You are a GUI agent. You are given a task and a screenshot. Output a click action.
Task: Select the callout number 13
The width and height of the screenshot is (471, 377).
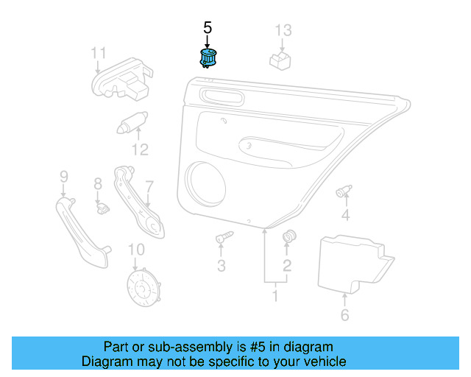coord(283,30)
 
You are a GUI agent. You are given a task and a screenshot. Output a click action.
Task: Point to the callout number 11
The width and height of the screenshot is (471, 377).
coord(99,53)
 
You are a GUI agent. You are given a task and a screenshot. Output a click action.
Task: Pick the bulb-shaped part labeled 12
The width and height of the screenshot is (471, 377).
coord(132,121)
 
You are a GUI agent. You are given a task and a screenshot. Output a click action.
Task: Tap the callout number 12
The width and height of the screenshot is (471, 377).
coord(140,150)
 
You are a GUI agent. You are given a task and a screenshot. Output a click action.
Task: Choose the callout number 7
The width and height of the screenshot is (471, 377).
coord(149,187)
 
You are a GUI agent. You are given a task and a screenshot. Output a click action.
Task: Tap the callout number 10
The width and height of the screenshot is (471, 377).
coord(137,250)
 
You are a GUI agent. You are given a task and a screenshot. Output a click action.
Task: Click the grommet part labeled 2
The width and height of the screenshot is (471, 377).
coord(288,236)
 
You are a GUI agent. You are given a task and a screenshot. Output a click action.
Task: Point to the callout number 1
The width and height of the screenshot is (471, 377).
coord(275,296)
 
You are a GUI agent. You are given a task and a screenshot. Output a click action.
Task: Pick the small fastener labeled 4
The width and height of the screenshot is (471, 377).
coord(344,192)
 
